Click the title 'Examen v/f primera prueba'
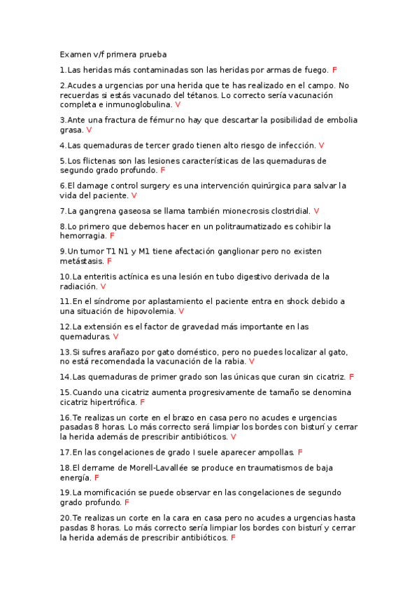click(113, 54)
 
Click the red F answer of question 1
click(334, 70)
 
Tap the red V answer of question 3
click(89, 130)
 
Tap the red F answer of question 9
click(109, 261)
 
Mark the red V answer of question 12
click(115, 336)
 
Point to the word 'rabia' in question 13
click(234, 361)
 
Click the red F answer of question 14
click(351, 377)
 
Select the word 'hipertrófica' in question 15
click(112, 403)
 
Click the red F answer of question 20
click(232, 537)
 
